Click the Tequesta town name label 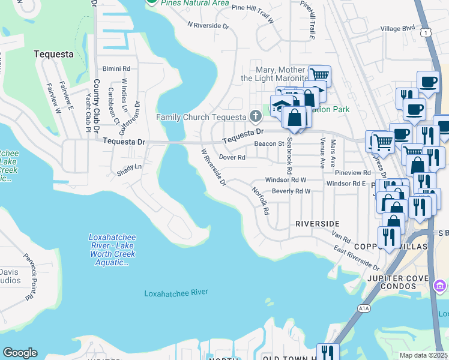tap(53, 54)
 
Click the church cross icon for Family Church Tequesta tap(255, 116)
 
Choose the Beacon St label tap(269, 144)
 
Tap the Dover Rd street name tap(232, 157)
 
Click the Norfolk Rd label tap(259, 201)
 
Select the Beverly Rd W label tap(291, 191)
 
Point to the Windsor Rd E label tap(346, 184)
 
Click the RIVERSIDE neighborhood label tap(318, 223)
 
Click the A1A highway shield tap(364, 308)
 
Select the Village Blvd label tap(398, 28)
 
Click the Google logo tap(20, 353)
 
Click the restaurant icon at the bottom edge tap(327, 352)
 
